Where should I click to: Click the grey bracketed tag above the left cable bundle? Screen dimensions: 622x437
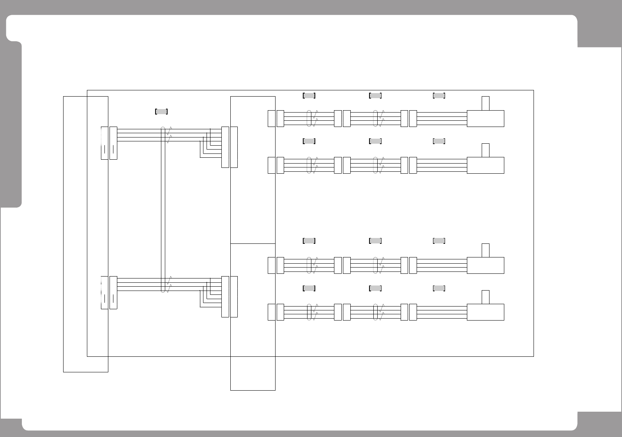click(x=161, y=111)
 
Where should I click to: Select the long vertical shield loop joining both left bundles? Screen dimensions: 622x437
click(x=163, y=210)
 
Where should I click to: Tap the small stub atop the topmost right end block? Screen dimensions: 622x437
click(x=485, y=103)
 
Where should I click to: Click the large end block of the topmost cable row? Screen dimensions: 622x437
click(x=485, y=118)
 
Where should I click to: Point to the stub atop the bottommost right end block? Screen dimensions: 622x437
click(x=485, y=297)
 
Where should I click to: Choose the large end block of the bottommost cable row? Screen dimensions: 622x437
click(x=485, y=312)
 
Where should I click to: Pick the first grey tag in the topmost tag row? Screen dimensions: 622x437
click(x=309, y=95)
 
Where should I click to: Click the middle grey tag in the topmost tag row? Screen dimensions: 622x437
click(x=375, y=95)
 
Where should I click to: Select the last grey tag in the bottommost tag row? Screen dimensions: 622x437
click(x=439, y=288)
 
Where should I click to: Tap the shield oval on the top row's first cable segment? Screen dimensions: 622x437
click(x=309, y=118)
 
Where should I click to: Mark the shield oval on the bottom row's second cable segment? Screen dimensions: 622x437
click(x=375, y=312)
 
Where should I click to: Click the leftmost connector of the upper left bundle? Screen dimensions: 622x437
click(x=104, y=143)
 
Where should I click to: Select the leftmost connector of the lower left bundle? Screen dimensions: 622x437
click(x=104, y=293)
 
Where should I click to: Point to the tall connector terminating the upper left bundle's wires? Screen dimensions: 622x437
click(x=225, y=147)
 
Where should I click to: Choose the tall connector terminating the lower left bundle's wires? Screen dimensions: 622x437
click(x=225, y=297)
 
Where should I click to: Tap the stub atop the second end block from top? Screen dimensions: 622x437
click(x=485, y=150)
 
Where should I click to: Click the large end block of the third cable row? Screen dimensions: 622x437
click(x=485, y=265)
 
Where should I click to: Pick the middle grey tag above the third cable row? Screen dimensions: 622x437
click(x=375, y=241)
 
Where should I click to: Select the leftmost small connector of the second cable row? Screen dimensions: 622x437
click(x=272, y=165)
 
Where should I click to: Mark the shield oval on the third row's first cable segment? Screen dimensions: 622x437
click(x=309, y=265)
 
